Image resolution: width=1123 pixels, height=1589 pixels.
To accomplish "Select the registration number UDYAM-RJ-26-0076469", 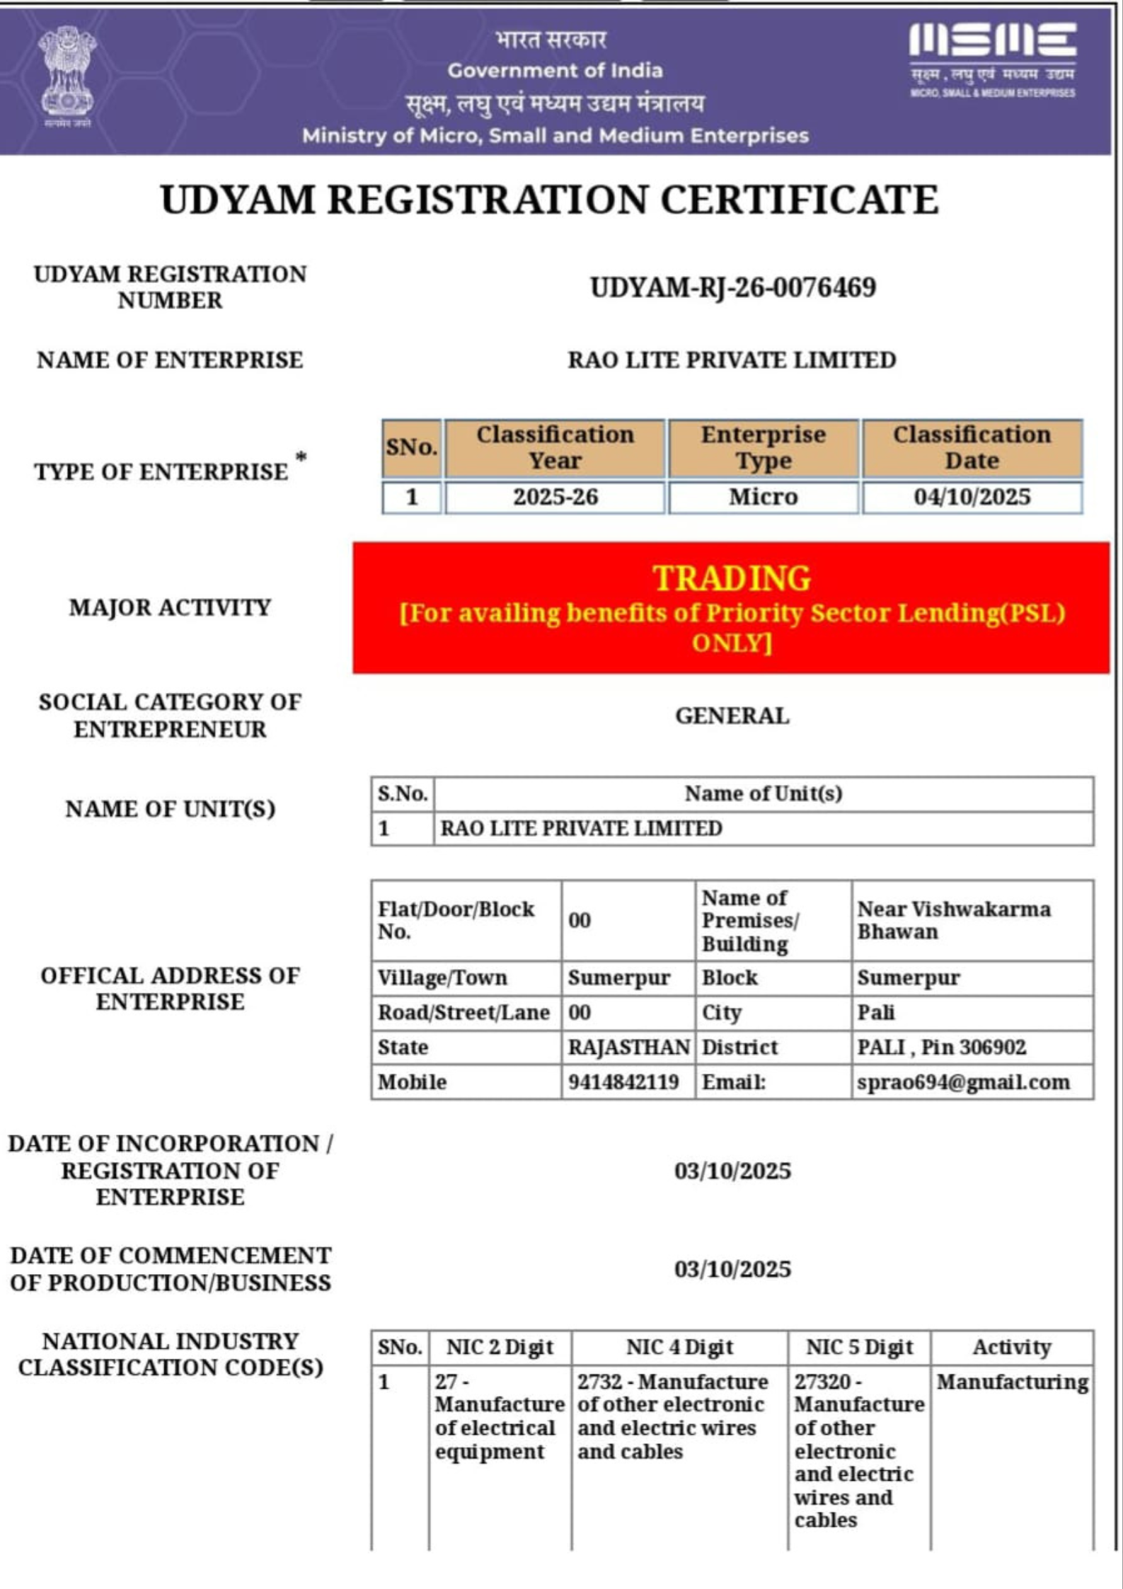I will [732, 288].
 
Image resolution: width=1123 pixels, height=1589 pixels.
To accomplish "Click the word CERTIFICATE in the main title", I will [799, 200].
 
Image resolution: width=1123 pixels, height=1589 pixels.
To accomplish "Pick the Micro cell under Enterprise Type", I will [763, 497].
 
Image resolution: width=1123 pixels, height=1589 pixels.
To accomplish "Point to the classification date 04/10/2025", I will [972, 497].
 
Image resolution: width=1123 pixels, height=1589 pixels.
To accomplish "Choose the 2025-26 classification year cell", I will [555, 497].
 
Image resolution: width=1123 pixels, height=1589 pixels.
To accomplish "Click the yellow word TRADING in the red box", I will [732, 578].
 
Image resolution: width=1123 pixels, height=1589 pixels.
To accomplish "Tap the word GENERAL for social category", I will [732, 716].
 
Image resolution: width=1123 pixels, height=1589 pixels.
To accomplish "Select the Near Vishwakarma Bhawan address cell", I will [953, 920].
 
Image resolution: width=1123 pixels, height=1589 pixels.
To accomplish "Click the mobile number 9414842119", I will [623, 1082].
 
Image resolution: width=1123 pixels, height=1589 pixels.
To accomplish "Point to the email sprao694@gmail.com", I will [963, 1082].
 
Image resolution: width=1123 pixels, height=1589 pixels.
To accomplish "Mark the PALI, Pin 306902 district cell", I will [941, 1048].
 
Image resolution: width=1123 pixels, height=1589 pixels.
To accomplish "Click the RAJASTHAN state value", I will [628, 1048].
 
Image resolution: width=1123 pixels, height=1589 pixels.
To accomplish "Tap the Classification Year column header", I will [555, 447].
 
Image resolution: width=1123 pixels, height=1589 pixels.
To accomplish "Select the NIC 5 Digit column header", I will [859, 1347].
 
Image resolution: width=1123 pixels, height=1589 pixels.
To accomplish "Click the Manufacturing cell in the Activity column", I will [1012, 1382].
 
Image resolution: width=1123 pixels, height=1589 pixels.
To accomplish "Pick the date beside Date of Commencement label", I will [732, 1269].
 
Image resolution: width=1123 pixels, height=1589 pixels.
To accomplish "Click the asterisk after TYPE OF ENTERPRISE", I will [301, 458].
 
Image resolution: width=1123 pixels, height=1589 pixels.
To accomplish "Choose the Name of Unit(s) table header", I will [763, 793].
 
